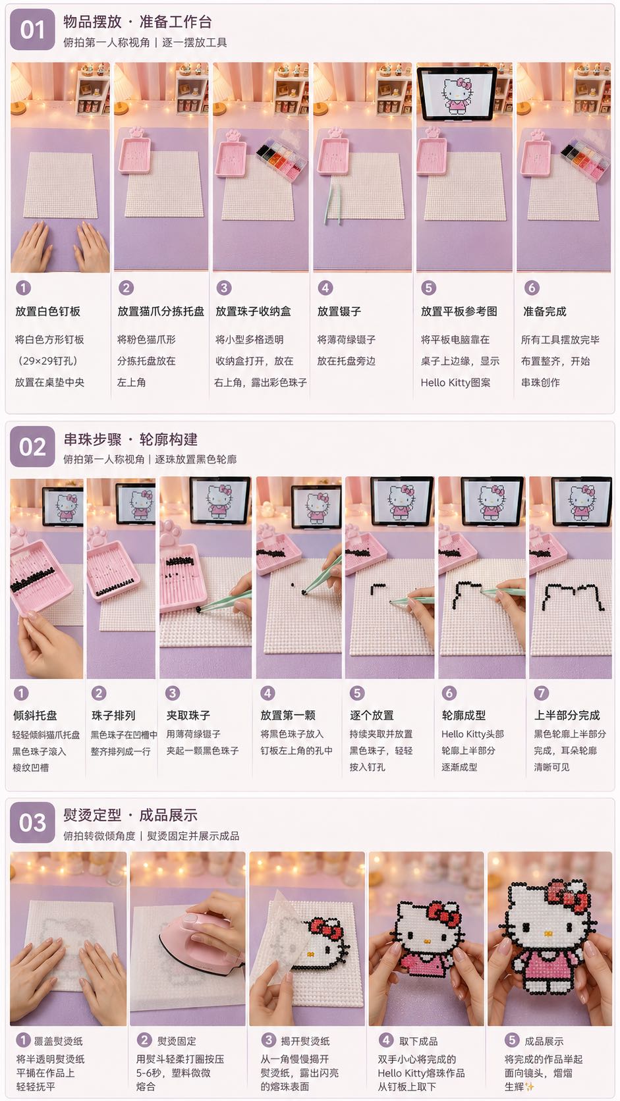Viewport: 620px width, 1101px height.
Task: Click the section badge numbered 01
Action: point(32,30)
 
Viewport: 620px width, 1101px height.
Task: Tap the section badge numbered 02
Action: point(32,446)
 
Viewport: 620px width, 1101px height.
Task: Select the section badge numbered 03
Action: point(32,822)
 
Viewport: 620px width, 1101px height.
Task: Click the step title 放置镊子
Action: point(339,311)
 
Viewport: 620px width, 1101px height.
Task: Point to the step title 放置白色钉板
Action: point(47,311)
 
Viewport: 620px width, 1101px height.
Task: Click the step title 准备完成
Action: point(544,311)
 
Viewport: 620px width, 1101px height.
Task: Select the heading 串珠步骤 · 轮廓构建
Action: point(130,439)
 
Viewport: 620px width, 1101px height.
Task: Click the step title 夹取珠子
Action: point(188,715)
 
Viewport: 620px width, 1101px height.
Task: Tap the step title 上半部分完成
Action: point(567,715)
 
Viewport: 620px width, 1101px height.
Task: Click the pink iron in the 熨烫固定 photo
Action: point(202,939)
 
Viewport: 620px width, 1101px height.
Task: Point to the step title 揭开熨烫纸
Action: point(305,1040)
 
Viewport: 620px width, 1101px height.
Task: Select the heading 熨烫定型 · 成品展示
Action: point(130,815)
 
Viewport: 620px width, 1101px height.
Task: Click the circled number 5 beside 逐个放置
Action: point(357,693)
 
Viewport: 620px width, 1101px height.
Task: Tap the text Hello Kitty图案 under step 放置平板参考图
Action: point(455,383)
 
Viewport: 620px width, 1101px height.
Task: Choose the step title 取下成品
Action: point(418,1040)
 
